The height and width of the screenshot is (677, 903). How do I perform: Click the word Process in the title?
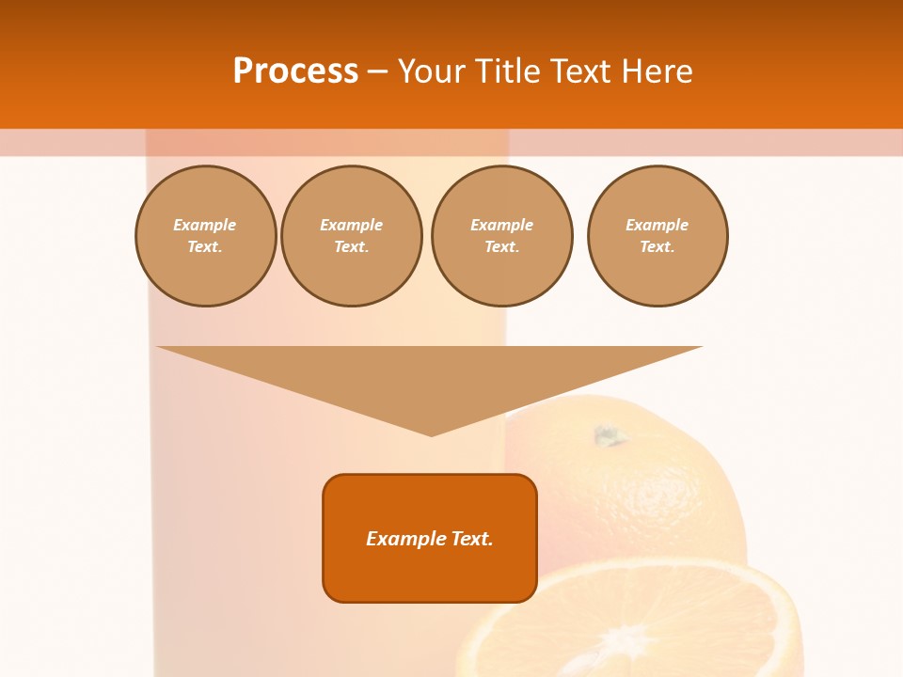(x=295, y=71)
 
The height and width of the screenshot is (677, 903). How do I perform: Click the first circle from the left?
(x=205, y=236)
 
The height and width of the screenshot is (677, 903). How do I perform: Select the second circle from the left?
(x=351, y=236)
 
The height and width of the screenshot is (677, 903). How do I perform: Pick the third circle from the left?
(x=501, y=236)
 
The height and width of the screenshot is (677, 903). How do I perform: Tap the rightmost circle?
(x=657, y=236)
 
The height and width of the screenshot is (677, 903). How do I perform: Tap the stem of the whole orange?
(x=608, y=435)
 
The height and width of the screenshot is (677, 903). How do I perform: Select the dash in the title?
(x=377, y=71)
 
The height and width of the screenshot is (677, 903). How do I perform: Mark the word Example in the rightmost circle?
(x=657, y=225)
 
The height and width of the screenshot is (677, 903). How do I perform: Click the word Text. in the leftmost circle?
(x=205, y=247)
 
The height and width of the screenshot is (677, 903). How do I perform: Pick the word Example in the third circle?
(x=501, y=225)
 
